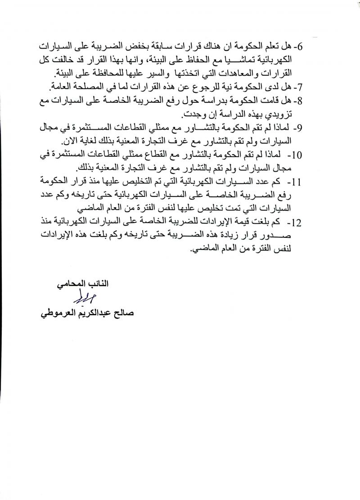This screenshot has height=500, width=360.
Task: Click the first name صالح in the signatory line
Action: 116,312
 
